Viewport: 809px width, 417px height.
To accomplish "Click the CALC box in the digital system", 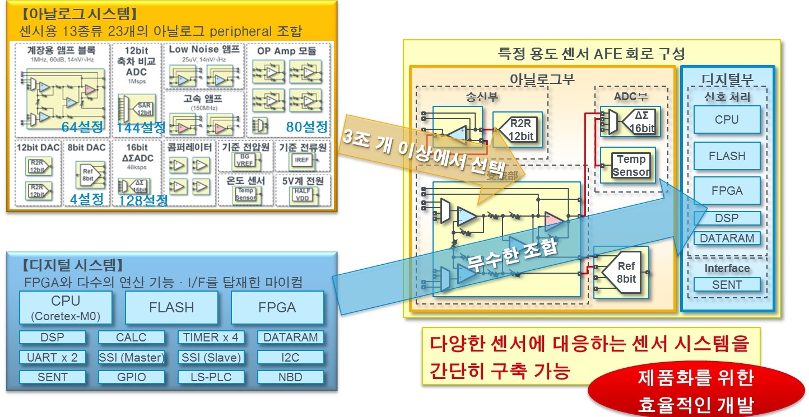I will (x=131, y=338).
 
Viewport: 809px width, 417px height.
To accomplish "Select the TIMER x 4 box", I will (x=211, y=338).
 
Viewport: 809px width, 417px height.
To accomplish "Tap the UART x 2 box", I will (x=52, y=357).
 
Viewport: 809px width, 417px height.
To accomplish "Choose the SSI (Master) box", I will (x=131, y=357).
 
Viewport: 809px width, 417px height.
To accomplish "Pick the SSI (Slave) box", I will (x=211, y=357).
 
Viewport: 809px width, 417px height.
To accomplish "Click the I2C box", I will (x=291, y=357).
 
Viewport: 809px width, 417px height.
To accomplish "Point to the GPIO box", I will (x=131, y=377).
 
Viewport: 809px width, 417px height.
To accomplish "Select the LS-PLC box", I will (x=211, y=377).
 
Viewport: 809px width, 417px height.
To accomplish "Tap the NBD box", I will (x=291, y=377).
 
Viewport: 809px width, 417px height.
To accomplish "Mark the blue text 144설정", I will (x=141, y=128).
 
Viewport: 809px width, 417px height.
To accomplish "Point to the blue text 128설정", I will (x=143, y=200).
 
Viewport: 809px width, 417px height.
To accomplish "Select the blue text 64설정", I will (x=82, y=127).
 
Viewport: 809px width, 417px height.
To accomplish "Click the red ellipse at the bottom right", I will (x=696, y=392).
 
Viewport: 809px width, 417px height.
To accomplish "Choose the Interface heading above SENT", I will (x=727, y=268).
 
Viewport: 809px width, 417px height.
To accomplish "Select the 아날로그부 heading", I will (x=542, y=79).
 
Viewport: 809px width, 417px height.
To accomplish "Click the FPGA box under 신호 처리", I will (x=727, y=190).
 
